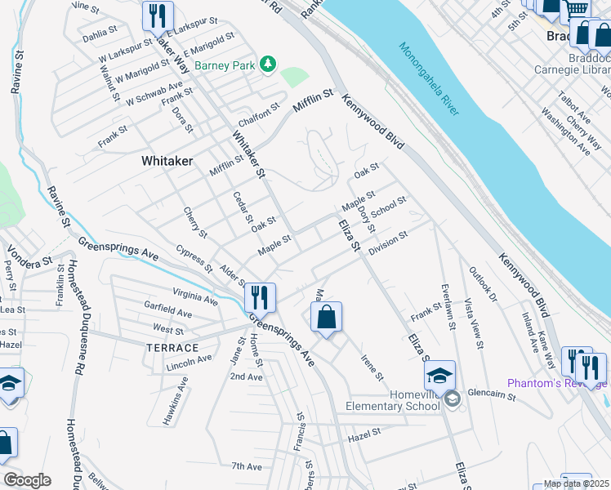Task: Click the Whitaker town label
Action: point(167,161)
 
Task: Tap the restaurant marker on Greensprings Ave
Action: point(259,296)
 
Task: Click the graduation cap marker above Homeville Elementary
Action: point(439,376)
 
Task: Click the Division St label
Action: point(388,244)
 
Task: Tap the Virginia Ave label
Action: point(195,296)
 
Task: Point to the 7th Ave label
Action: point(246,466)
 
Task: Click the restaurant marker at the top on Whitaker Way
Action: point(155,16)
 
